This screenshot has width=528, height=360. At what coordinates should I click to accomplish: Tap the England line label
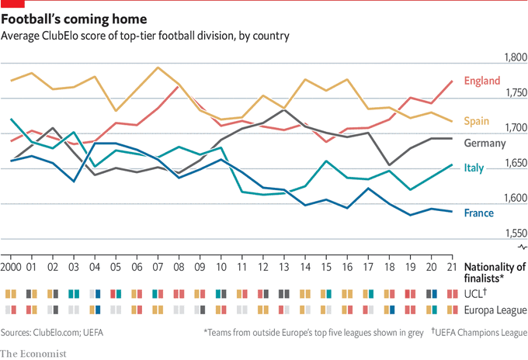point(481,81)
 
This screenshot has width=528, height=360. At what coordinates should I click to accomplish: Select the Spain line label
point(477,121)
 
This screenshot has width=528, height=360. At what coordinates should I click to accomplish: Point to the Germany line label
point(485,144)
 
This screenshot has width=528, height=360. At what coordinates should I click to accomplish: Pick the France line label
point(478,213)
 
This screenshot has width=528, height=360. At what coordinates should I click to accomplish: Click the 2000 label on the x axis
point(12,267)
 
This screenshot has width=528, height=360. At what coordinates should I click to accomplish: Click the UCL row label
point(474,294)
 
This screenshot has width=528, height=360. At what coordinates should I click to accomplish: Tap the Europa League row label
point(495,310)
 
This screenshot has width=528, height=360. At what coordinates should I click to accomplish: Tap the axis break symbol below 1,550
point(523,247)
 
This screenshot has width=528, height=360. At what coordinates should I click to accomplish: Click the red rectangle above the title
point(8,3)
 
